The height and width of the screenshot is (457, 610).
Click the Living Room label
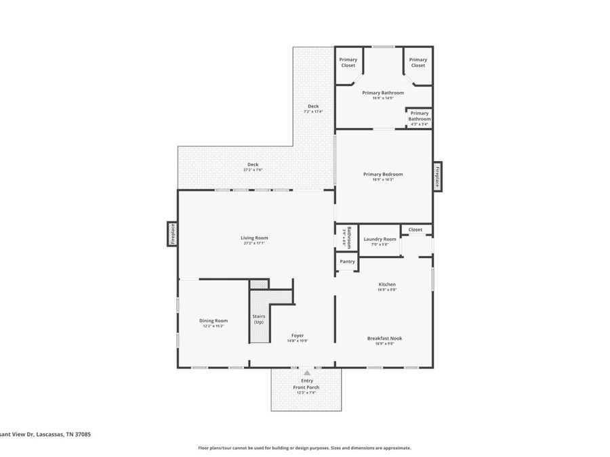(254, 238)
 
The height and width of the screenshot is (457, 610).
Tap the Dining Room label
(213, 320)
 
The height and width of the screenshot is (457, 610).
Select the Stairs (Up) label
(259, 319)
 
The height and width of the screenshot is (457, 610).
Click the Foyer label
(298, 334)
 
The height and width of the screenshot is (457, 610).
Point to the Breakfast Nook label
(384, 338)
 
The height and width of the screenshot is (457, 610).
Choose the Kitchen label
(386, 284)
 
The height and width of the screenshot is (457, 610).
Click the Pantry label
(347, 261)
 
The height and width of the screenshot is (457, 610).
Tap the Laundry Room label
(380, 239)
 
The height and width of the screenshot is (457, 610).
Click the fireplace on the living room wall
(172, 234)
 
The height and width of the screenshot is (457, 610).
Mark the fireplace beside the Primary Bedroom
(437, 176)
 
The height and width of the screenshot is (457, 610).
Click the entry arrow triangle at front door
(307, 372)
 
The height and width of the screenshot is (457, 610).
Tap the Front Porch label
(306, 387)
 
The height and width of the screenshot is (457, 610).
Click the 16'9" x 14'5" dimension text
(383, 98)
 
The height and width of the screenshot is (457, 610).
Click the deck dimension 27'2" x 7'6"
(253, 170)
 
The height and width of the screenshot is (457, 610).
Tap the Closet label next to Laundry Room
(415, 230)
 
